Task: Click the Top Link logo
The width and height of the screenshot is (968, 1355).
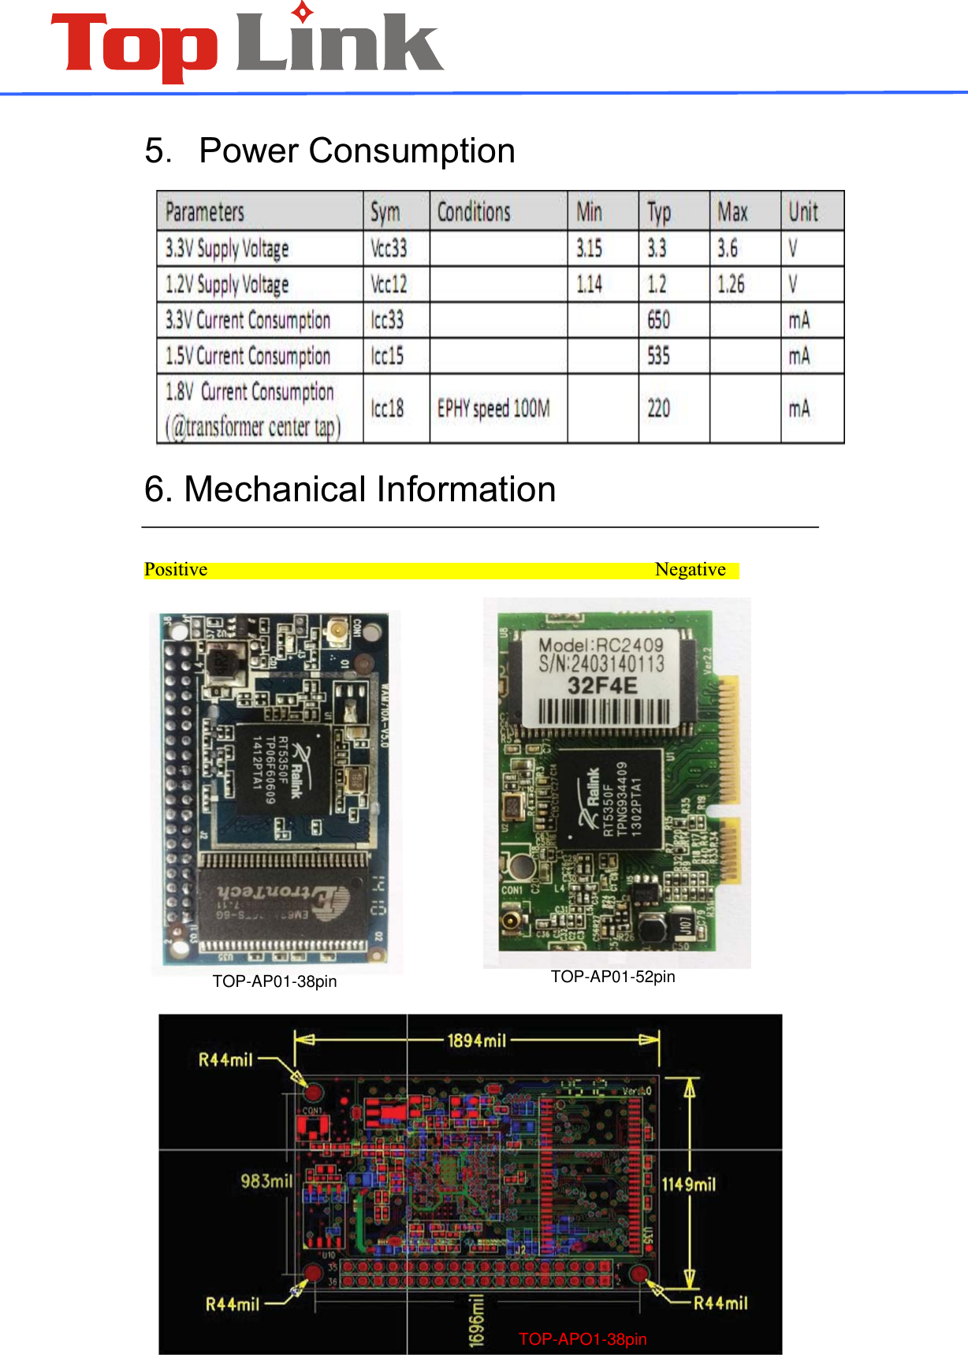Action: [247, 45]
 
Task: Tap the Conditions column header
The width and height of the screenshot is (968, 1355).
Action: [474, 212]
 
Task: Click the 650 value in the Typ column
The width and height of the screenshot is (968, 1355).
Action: [658, 320]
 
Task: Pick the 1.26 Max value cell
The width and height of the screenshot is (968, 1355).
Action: [731, 284]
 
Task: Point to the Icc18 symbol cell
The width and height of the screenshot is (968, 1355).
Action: [387, 408]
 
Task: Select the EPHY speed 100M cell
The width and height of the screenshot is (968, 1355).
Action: [493, 408]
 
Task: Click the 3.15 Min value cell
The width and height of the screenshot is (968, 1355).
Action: [589, 248]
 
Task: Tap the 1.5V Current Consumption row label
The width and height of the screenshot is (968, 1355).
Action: [248, 356]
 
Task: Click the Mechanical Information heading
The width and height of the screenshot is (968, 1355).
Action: [350, 490]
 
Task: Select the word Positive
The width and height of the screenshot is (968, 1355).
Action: [176, 570]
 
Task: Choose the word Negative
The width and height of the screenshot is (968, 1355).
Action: [690, 570]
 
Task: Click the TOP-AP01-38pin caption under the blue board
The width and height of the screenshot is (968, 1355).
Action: [274, 981]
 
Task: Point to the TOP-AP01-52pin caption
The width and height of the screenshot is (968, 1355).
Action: [612, 977]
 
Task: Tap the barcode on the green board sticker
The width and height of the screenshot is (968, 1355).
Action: [604, 713]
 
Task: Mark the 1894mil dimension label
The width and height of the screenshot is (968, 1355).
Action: [476, 1040]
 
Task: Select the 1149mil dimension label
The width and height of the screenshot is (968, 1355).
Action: [688, 1184]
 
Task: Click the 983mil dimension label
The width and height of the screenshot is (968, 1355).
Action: [266, 1181]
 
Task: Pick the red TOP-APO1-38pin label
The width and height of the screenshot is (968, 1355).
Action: [583, 1339]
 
